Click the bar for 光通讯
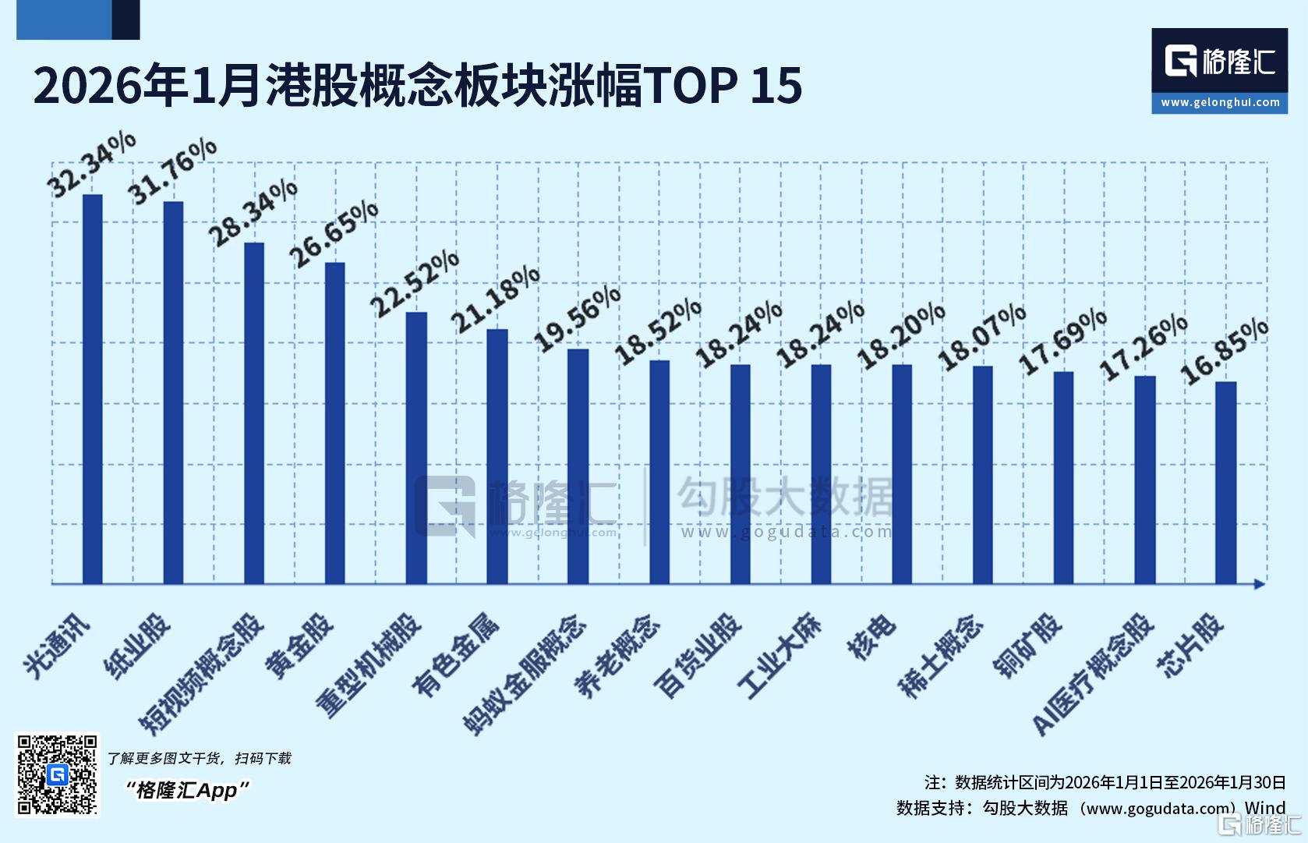tap(93, 390)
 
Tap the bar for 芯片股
tap(1226, 483)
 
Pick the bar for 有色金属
tap(497, 457)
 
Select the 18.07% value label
tap(982, 337)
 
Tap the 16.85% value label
tap(1225, 352)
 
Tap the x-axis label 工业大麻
tap(779, 654)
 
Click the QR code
tap(58, 774)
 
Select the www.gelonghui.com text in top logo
tap(1220, 102)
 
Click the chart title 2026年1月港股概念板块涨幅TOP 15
tap(417, 85)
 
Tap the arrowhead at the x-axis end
tap(1259, 584)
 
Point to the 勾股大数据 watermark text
tap(784, 496)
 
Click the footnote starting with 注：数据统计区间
tap(1105, 782)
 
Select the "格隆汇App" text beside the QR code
tap(187, 790)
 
